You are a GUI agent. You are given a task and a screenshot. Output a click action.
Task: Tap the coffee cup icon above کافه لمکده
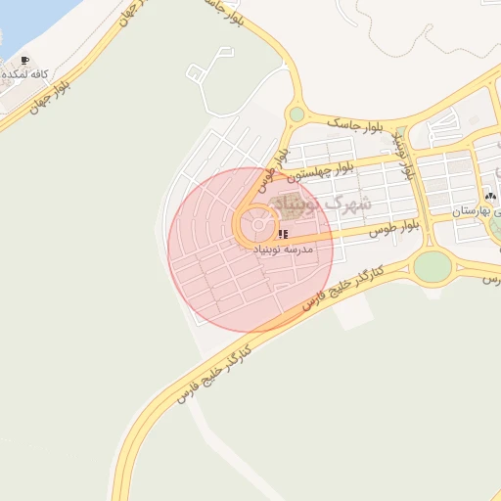(x=24, y=61)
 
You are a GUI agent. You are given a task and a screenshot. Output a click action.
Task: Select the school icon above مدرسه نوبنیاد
(x=283, y=235)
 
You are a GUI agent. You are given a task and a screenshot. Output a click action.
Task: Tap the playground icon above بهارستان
(x=490, y=196)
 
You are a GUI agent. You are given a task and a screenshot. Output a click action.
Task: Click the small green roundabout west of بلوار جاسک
(x=296, y=114)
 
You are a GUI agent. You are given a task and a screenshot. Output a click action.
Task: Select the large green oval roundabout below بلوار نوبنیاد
(x=432, y=265)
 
